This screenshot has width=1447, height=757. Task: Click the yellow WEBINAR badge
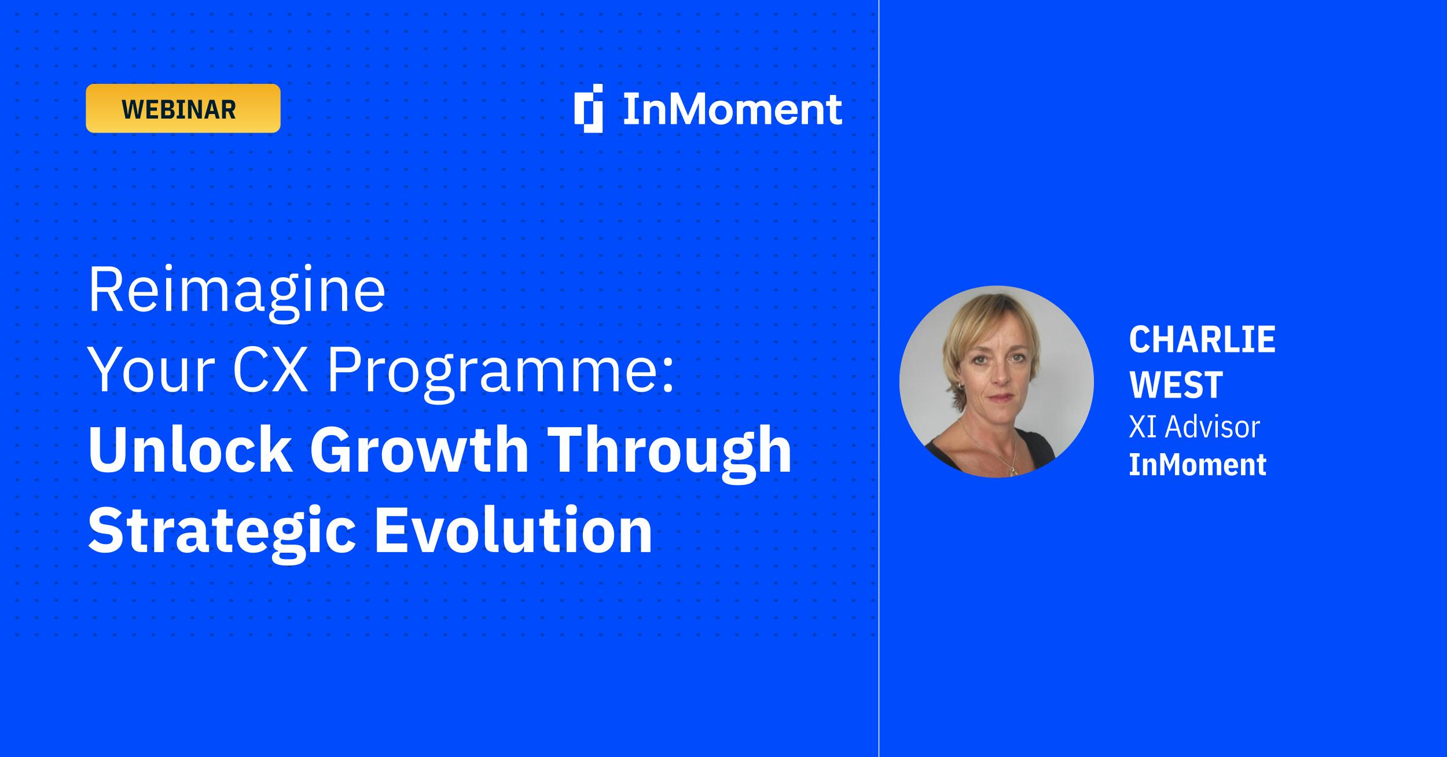coord(183,108)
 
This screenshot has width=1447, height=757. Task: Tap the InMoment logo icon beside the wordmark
coord(589,108)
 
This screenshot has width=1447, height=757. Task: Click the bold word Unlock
coord(190,450)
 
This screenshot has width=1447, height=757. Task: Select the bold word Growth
coord(419,450)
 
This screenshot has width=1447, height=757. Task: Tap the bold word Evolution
coord(514,530)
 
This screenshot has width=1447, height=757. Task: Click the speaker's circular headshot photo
coord(996,381)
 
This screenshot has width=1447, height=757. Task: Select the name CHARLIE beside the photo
coord(1202,340)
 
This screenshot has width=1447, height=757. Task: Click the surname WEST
coord(1176,384)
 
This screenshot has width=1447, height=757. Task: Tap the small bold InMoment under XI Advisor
coord(1198,465)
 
